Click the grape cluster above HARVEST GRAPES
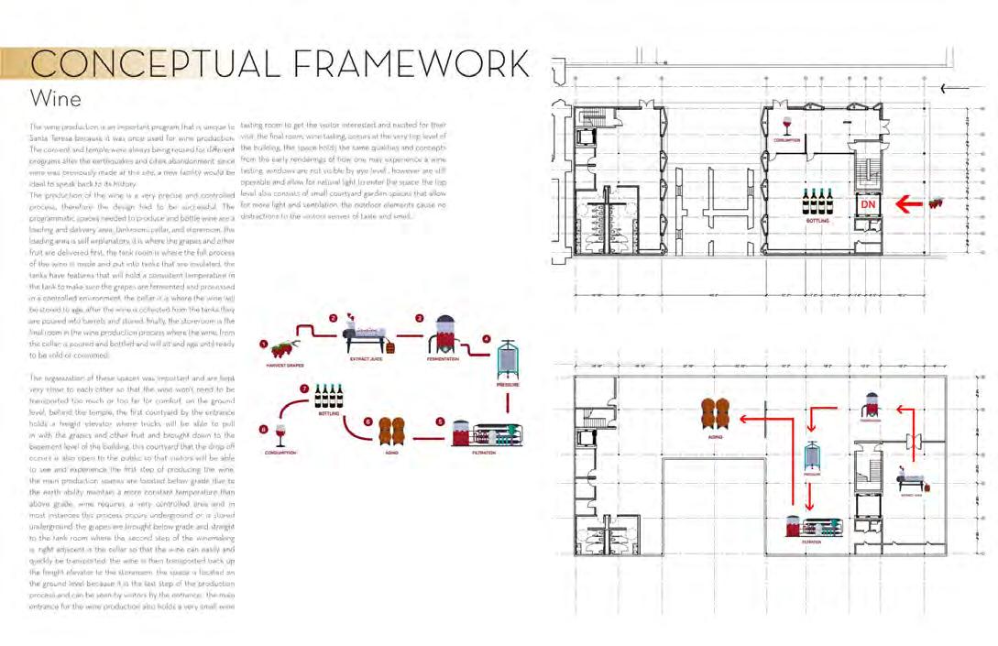click(x=283, y=348)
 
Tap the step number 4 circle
click(x=487, y=338)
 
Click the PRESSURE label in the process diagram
click(x=509, y=385)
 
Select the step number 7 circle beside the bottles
click(x=305, y=389)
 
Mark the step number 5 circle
click(x=441, y=422)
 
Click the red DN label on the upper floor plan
click(x=867, y=204)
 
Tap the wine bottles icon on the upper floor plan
click(x=817, y=202)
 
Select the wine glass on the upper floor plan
click(x=785, y=126)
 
